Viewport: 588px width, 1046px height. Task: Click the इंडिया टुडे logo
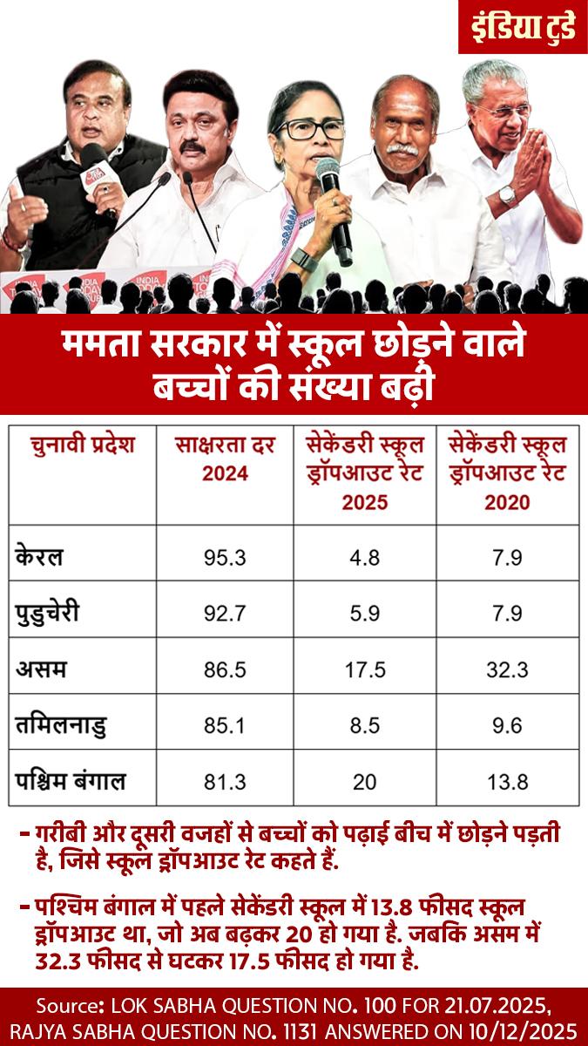point(524,27)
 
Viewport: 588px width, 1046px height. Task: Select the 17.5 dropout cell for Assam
point(365,670)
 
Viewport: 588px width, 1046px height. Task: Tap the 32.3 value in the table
point(507,670)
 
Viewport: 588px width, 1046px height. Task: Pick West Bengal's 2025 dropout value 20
point(365,782)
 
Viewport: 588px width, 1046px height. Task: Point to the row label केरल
point(39,556)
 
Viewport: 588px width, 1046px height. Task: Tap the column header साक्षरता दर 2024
point(225,459)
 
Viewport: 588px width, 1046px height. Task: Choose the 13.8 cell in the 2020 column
point(507,782)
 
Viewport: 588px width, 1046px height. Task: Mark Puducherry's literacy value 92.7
point(225,614)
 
